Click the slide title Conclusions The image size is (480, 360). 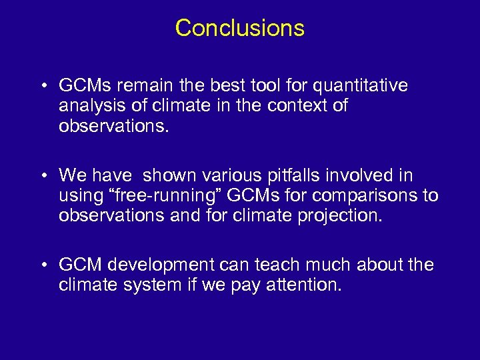tap(239, 28)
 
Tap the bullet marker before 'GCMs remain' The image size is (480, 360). tap(43, 87)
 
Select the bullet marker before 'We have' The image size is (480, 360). tap(43, 176)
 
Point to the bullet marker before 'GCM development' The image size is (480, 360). tap(43, 265)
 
